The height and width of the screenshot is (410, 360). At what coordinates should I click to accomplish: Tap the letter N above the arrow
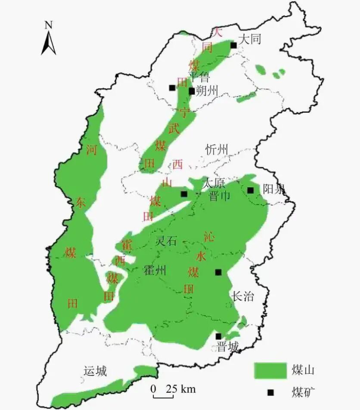49,25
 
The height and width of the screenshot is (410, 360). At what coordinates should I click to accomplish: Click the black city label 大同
250,39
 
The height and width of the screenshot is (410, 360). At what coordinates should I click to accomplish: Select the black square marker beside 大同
233,45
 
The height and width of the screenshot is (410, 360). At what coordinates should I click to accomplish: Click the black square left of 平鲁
172,88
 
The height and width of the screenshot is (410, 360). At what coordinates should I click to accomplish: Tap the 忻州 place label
217,150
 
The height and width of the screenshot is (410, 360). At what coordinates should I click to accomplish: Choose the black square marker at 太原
184,194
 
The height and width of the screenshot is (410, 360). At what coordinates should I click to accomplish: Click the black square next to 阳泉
251,190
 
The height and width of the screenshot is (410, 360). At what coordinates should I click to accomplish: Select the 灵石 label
166,241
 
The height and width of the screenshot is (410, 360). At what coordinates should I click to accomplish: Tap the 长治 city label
243,296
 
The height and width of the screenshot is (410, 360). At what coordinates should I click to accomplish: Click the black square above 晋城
218,336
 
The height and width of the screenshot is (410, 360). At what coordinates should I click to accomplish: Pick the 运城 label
96,371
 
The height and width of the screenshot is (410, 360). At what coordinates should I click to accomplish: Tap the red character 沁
209,236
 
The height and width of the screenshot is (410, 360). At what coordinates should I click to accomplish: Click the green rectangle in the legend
270,370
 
